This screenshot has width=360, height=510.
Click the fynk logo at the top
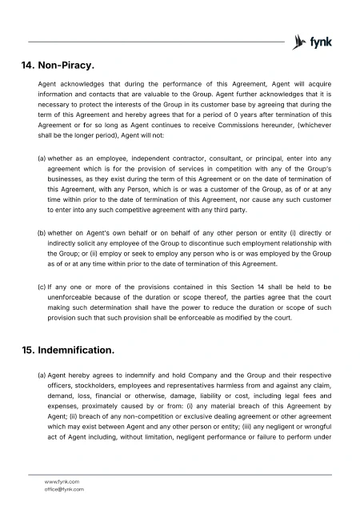click(x=313, y=41)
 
